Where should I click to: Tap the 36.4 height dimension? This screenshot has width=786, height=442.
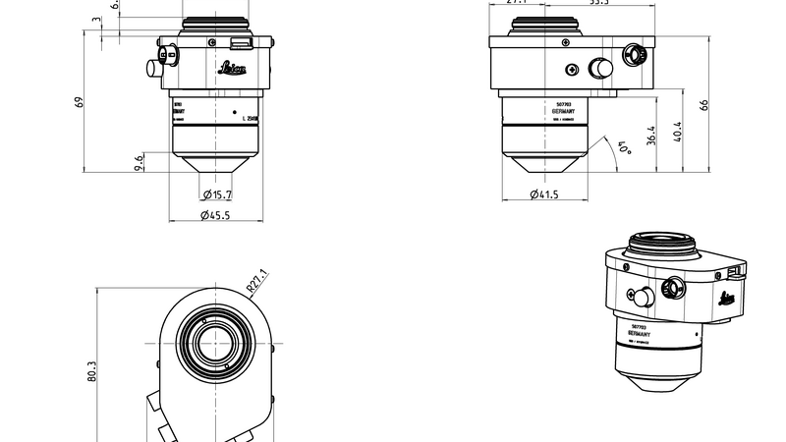coord(650,137)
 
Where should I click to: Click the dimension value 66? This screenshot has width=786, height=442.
coord(704,105)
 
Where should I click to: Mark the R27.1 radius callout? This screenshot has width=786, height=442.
coord(256,282)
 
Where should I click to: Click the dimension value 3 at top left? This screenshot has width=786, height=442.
coord(95,19)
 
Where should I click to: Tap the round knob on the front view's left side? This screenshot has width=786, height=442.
coord(152,67)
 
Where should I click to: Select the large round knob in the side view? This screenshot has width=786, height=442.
coord(598,68)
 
